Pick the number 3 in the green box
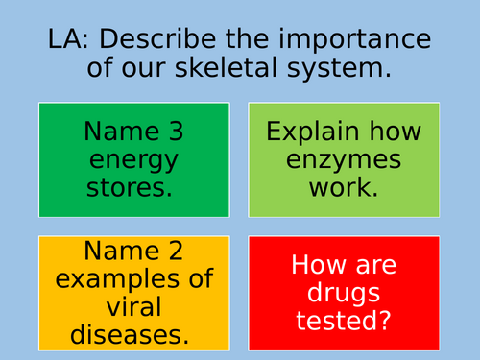[x=176, y=132]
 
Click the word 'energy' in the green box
[x=133, y=159]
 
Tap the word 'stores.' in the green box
[x=133, y=186]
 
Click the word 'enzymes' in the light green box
[x=344, y=159]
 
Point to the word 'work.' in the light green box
[x=344, y=186]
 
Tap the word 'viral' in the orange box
[x=133, y=307]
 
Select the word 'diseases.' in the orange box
[x=133, y=334]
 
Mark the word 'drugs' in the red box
[x=344, y=294]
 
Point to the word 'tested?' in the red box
[x=344, y=321]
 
